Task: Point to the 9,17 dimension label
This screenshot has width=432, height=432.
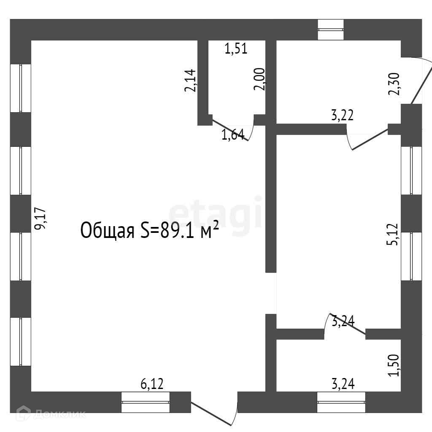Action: (41, 219)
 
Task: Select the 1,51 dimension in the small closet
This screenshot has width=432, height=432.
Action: (236, 49)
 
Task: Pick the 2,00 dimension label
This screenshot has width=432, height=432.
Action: (259, 79)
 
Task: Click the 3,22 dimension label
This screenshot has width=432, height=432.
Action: (342, 115)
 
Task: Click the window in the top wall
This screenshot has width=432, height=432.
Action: (331, 30)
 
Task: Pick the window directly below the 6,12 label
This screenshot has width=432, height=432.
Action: (146, 402)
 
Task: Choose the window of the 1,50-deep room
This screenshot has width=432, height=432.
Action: (341, 402)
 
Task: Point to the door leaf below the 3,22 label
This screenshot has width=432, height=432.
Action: (369, 139)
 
